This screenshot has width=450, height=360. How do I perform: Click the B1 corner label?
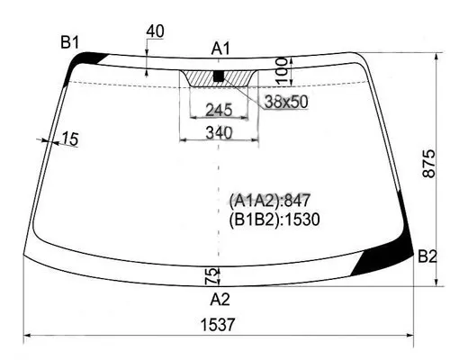(x=69, y=42)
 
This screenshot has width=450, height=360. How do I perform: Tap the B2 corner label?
(x=427, y=256)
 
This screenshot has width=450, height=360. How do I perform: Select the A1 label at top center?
(x=220, y=49)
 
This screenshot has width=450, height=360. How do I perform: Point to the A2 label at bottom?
(x=220, y=300)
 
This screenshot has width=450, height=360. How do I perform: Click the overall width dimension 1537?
(x=218, y=325)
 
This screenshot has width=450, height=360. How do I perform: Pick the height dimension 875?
(x=429, y=164)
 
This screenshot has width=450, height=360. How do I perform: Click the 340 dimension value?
(x=219, y=132)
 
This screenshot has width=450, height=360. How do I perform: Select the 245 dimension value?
(x=219, y=110)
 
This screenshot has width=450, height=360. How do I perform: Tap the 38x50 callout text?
(x=286, y=102)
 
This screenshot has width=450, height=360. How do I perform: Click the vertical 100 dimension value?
(x=282, y=71)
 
